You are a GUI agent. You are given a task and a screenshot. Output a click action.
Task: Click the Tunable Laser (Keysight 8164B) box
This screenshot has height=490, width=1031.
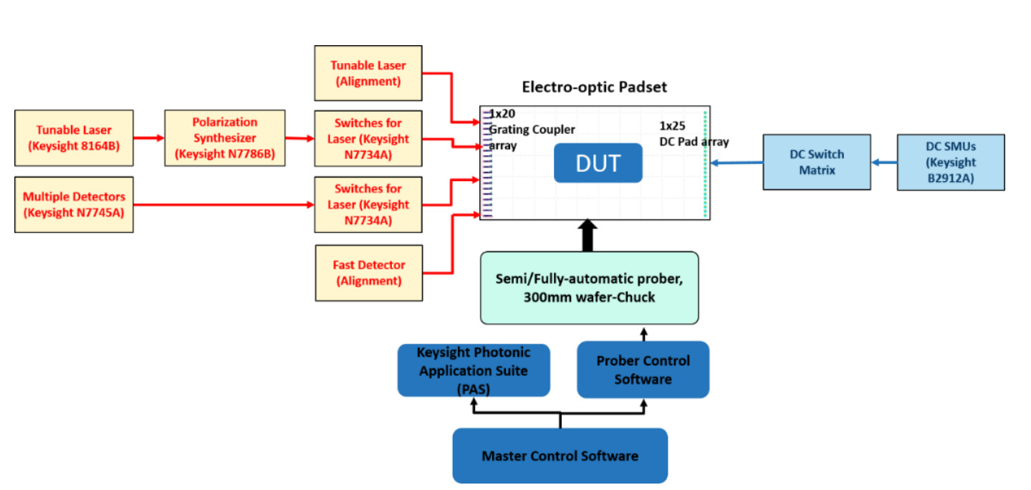click(74, 138)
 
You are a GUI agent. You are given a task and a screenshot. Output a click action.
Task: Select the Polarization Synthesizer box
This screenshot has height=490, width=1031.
click(224, 138)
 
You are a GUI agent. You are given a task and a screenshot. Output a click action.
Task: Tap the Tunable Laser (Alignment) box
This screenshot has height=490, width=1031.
click(368, 73)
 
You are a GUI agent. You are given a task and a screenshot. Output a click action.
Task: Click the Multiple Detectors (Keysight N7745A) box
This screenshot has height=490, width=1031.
click(74, 204)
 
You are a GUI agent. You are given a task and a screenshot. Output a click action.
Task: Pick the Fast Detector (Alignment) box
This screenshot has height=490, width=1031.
click(368, 273)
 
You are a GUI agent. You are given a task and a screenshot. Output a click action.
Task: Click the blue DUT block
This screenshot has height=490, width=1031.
click(598, 163)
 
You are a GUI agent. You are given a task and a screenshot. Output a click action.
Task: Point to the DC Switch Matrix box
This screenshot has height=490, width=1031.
click(817, 162)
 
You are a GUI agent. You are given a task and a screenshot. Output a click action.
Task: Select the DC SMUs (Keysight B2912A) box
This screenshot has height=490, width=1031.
click(951, 163)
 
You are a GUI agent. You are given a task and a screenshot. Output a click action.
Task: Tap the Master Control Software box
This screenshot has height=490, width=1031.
click(560, 456)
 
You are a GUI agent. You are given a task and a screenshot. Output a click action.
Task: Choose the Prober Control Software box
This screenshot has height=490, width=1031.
click(643, 370)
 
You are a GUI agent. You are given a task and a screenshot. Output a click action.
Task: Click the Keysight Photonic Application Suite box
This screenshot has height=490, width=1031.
click(474, 370)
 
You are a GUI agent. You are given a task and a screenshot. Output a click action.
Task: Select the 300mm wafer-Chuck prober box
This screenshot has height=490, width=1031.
click(589, 287)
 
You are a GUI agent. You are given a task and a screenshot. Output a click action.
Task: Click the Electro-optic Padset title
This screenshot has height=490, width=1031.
click(594, 87)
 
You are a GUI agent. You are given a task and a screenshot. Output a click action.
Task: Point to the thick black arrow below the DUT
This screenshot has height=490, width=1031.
click(588, 236)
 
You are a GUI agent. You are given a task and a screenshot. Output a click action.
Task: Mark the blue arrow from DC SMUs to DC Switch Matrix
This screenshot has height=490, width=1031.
click(884, 163)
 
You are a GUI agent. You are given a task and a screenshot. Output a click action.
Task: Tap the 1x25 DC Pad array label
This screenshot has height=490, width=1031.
click(693, 134)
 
